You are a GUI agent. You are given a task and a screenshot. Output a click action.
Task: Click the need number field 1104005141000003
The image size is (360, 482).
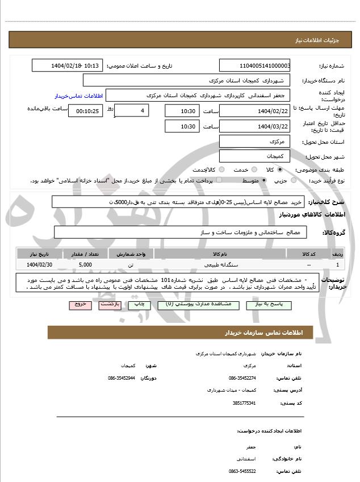pos(255,66)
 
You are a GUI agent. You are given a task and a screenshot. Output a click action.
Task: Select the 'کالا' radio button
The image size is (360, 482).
pos(280,169)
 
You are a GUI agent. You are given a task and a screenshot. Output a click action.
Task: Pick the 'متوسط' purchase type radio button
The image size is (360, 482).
pos(265,180)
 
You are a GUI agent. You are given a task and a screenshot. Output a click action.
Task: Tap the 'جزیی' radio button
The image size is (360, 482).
pos(293,180)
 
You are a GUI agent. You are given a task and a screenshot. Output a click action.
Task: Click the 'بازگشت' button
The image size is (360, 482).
pos(108,305)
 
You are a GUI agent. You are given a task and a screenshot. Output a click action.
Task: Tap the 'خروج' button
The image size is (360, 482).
pos(80,305)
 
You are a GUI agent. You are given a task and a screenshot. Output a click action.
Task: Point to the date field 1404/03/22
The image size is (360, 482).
pos(255,126)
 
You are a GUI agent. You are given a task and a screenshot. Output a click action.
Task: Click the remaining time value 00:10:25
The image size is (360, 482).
pos(85,111)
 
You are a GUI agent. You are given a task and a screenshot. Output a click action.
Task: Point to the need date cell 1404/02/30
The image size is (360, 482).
pos(39,265)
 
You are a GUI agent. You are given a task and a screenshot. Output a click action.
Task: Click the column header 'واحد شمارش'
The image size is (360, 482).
pos(131,254)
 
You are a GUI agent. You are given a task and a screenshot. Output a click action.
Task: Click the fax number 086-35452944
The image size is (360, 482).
pos(122,378)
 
